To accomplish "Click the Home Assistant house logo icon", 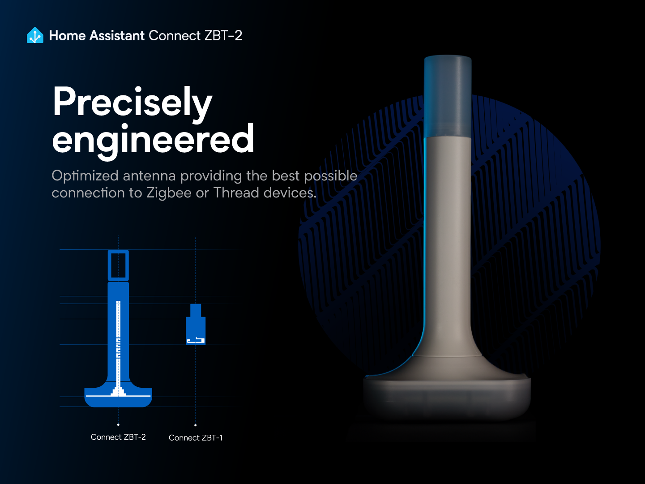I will (x=35, y=35).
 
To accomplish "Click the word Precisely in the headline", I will (x=132, y=102).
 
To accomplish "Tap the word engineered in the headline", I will (x=153, y=140).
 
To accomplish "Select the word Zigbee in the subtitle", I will (x=169, y=193).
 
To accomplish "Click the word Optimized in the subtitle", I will (x=85, y=176).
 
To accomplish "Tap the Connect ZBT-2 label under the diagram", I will (x=118, y=437).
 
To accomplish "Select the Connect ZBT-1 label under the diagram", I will (x=196, y=438).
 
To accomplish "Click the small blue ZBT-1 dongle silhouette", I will (x=196, y=326).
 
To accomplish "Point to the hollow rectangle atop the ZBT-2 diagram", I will (x=118, y=266).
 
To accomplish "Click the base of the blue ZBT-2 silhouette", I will (x=118, y=398).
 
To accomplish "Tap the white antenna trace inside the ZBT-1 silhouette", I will (x=196, y=341).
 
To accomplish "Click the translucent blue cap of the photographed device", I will (x=447, y=96).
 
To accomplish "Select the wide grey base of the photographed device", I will (x=446, y=396).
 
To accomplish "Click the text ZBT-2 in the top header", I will (x=223, y=36).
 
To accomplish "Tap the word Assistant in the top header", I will (x=117, y=36).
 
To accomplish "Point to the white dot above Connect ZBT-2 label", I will (x=118, y=424).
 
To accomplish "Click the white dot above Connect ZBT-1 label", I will (x=196, y=425).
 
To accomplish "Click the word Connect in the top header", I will (x=175, y=36).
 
